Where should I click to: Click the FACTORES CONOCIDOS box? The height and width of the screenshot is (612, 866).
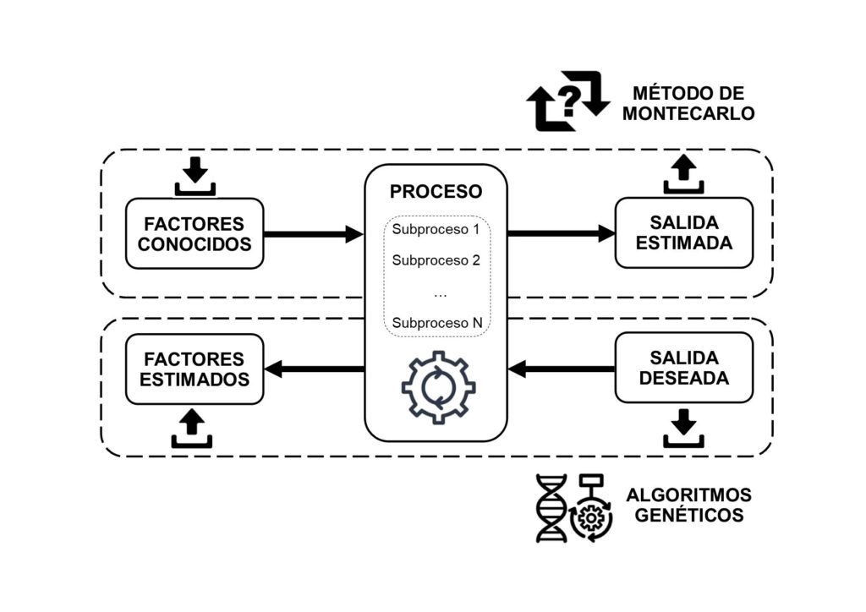click(x=195, y=233)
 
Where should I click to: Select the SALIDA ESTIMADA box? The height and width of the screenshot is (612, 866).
click(x=683, y=232)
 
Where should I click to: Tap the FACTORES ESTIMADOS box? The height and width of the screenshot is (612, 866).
click(x=195, y=369)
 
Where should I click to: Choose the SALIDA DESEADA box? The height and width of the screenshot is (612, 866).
click(x=683, y=369)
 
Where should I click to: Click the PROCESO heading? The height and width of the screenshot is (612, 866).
click(x=436, y=191)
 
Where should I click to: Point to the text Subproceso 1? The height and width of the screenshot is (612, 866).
click(x=436, y=229)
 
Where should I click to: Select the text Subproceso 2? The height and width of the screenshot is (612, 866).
click(x=436, y=260)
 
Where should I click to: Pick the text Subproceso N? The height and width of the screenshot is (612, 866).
click(x=436, y=322)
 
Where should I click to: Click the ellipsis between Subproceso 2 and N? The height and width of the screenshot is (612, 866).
click(x=439, y=293)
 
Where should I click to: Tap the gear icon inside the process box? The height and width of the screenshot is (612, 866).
click(x=437, y=386)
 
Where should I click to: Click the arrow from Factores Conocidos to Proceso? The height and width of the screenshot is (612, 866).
click(x=313, y=233)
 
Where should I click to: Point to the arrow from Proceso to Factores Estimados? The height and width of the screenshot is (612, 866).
click(x=315, y=369)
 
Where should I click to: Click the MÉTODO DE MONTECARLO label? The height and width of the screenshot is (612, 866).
click(x=688, y=103)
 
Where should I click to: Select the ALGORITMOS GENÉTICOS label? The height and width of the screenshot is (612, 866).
click(x=688, y=505)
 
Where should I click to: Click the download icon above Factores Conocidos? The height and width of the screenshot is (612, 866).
click(x=195, y=175)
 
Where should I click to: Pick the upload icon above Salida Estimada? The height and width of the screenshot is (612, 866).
click(x=683, y=175)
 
